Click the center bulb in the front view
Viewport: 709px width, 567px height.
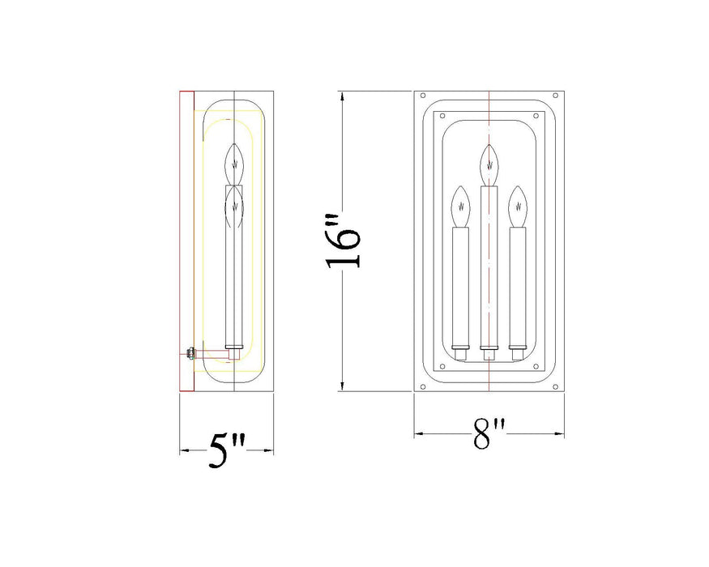pyautogui.click(x=488, y=164)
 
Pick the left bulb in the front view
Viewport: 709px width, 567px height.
pyautogui.click(x=461, y=207)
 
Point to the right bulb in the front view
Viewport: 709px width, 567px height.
pyautogui.click(x=517, y=207)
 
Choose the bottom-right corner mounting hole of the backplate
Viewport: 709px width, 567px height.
pyautogui.click(x=556, y=386)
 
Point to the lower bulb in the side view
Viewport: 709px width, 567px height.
pyautogui.click(x=234, y=205)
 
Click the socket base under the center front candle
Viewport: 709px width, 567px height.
pyautogui.click(x=489, y=354)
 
